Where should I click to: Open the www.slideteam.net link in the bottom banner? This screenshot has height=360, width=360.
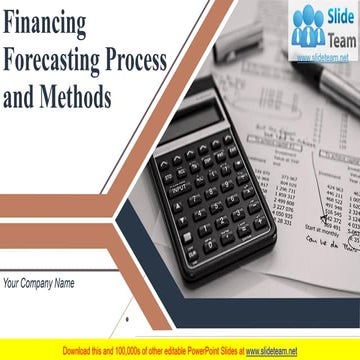271,351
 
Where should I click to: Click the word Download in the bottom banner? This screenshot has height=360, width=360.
80,351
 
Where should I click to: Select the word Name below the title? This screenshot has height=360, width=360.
63,283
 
